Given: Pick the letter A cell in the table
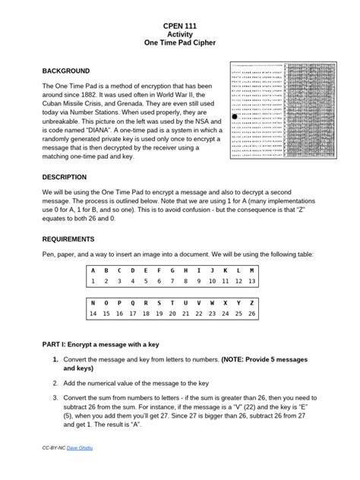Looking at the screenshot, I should [x=93, y=270].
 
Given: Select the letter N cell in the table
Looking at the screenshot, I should [x=93, y=302].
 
